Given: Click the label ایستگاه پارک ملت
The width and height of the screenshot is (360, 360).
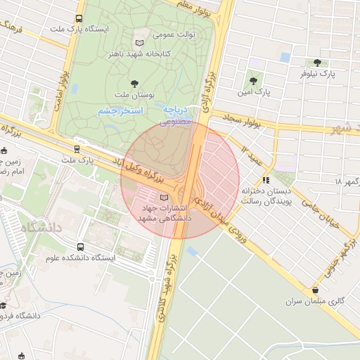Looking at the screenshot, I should pos(78,30).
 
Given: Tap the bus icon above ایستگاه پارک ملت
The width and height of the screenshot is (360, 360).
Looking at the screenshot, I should pos(78,19).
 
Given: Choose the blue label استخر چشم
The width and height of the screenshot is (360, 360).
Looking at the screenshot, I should pos(119,111).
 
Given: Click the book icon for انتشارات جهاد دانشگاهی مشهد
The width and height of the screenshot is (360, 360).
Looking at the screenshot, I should pos(164,198).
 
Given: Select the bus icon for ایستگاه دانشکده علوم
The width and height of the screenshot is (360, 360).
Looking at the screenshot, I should pos(81,247).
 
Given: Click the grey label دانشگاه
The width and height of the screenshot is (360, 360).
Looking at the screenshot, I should pos(41,229).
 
